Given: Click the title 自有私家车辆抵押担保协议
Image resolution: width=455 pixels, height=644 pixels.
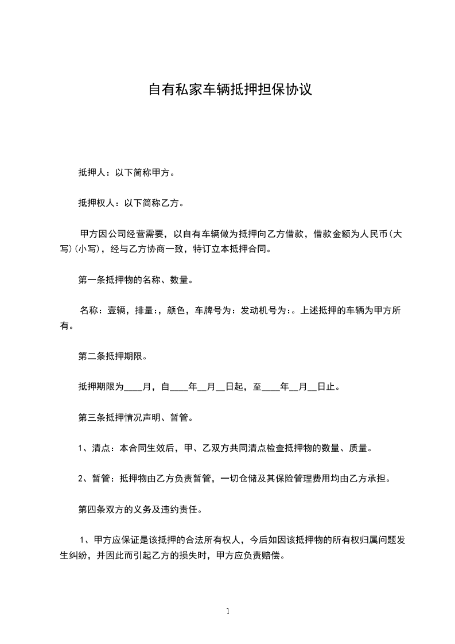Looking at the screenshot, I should pos(230,90).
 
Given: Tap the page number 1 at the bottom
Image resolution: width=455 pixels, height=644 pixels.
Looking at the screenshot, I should pos(228,611).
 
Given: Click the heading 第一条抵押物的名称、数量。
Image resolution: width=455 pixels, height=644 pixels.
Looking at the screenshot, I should pos(135,281).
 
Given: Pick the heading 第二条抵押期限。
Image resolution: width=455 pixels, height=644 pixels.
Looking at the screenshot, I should pos(112,356).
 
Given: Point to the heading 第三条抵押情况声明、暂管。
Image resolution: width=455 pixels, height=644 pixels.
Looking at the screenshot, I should pos(135,417).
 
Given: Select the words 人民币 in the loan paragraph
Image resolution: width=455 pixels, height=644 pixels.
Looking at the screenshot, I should pos(379,234).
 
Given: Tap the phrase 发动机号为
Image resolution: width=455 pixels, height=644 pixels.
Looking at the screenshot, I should pos(259,311).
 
